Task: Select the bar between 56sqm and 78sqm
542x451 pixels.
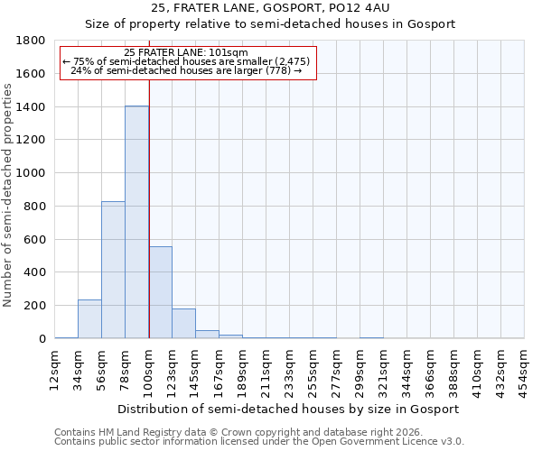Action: pos(113,270)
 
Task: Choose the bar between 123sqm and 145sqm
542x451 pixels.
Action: pos(183,323)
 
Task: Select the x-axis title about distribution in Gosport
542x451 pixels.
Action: pos(290,409)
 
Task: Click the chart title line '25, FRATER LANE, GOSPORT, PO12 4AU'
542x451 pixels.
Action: pos(270,8)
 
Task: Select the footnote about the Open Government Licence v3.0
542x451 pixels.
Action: pos(259,442)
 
